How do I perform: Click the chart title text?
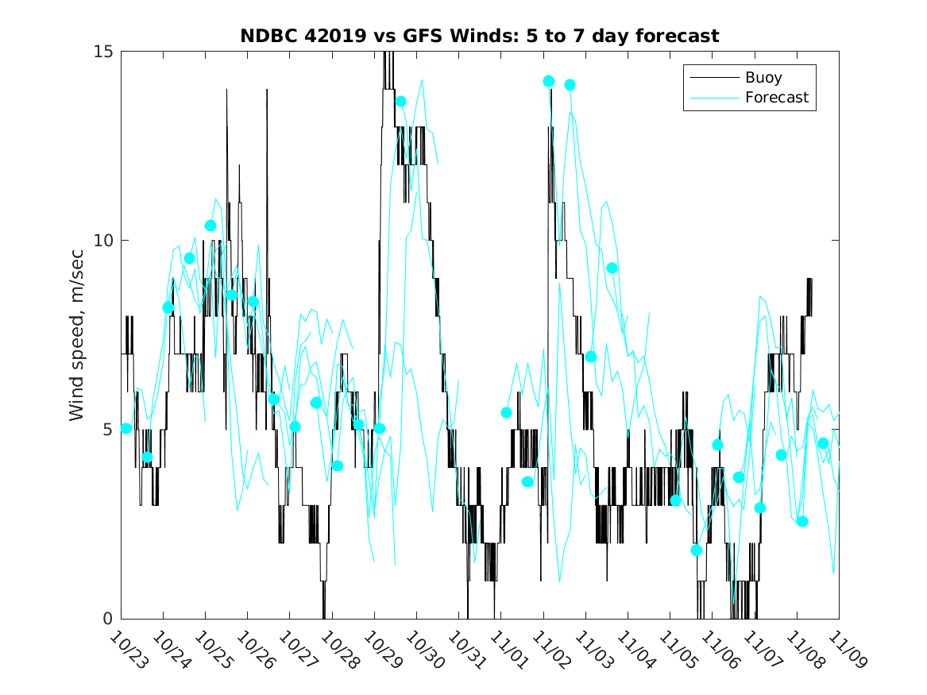[480, 36]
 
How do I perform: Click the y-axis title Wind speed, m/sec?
[77, 334]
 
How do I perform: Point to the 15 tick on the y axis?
[104, 52]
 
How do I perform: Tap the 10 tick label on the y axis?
[104, 241]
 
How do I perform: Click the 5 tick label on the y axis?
[109, 430]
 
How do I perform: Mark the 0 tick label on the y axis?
[109, 619]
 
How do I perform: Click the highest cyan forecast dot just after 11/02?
[549, 81]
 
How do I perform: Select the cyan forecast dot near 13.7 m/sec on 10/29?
[401, 101]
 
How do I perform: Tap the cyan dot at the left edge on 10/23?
[126, 428]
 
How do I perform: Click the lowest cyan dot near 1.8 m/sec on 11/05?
[697, 550]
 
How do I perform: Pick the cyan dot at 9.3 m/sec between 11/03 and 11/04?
[612, 268]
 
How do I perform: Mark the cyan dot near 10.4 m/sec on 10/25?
[211, 226]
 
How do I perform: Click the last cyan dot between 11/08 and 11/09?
[823, 443]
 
